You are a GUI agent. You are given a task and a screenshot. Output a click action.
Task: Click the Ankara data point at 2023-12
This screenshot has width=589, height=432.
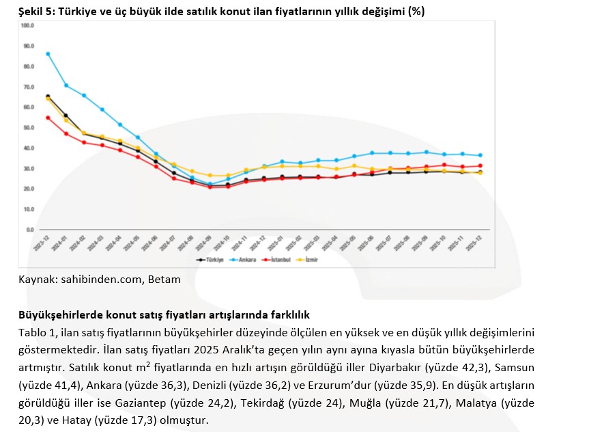click(x=47, y=54)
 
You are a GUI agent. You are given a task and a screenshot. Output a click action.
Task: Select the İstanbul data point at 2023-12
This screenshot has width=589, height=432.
click(x=47, y=118)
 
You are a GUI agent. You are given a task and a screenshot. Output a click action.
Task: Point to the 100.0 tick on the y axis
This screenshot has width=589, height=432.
click(x=27, y=25)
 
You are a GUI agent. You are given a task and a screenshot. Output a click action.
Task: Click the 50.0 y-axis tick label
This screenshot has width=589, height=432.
click(x=27, y=128)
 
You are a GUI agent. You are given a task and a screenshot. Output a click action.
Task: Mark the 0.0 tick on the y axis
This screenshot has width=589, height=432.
click(x=29, y=230)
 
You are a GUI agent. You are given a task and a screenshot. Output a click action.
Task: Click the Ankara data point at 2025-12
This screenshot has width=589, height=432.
click(x=480, y=155)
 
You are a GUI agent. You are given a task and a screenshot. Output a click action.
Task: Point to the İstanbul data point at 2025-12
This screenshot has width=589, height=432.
click(x=480, y=165)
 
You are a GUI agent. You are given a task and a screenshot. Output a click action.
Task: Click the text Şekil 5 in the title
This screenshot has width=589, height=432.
click(x=36, y=12)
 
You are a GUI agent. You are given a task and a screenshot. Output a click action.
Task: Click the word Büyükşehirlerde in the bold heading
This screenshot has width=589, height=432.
click(x=58, y=315)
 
